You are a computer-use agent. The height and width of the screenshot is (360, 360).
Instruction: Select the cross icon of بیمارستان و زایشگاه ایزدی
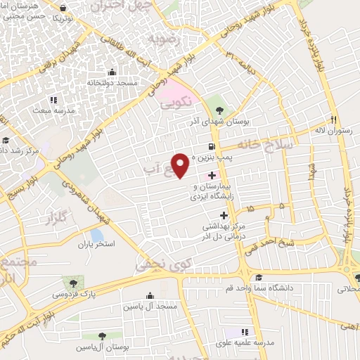pos(212,174)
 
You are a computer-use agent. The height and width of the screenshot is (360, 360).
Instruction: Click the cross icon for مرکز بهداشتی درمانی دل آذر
pos(224,215)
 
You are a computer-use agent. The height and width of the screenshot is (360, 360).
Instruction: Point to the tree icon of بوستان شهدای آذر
pos(219,110)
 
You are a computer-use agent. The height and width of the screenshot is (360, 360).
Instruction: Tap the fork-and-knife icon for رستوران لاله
pos(336,119)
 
